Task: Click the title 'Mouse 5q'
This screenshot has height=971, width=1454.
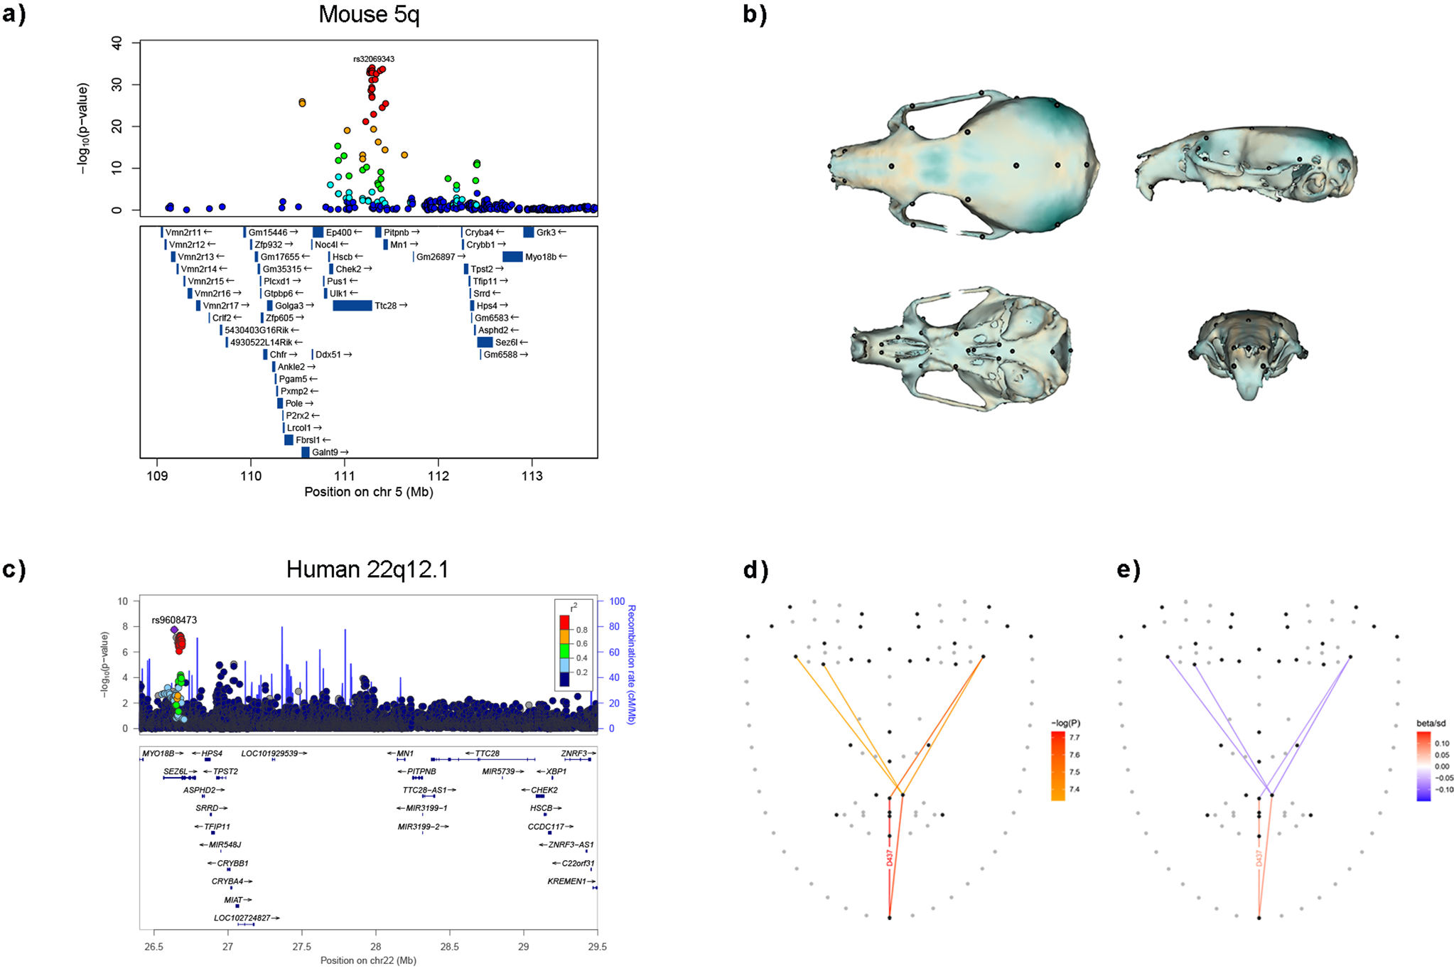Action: click(x=369, y=14)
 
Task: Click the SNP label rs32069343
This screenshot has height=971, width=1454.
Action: click(x=374, y=59)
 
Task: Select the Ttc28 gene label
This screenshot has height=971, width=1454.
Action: click(x=387, y=306)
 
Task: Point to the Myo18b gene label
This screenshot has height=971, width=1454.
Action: click(x=541, y=257)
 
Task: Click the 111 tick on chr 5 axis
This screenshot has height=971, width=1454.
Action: click(x=345, y=476)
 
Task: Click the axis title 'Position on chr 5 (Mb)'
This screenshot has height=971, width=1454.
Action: click(x=368, y=492)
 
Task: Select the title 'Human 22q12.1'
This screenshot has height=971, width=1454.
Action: click(x=367, y=569)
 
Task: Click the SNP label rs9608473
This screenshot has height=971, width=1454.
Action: click(x=174, y=620)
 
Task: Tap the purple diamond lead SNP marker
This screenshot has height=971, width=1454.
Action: click(x=174, y=630)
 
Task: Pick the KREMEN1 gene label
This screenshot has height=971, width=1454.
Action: click(x=566, y=881)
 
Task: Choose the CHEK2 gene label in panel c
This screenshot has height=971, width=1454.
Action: click(x=544, y=790)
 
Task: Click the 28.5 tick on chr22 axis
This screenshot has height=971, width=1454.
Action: click(x=449, y=946)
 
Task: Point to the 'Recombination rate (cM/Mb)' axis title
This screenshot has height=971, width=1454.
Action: click(x=631, y=664)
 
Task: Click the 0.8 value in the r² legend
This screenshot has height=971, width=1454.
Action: click(x=582, y=630)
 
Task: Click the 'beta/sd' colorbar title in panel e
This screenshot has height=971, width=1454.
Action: click(x=1431, y=723)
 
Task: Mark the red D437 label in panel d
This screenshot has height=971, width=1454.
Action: click(x=889, y=858)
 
